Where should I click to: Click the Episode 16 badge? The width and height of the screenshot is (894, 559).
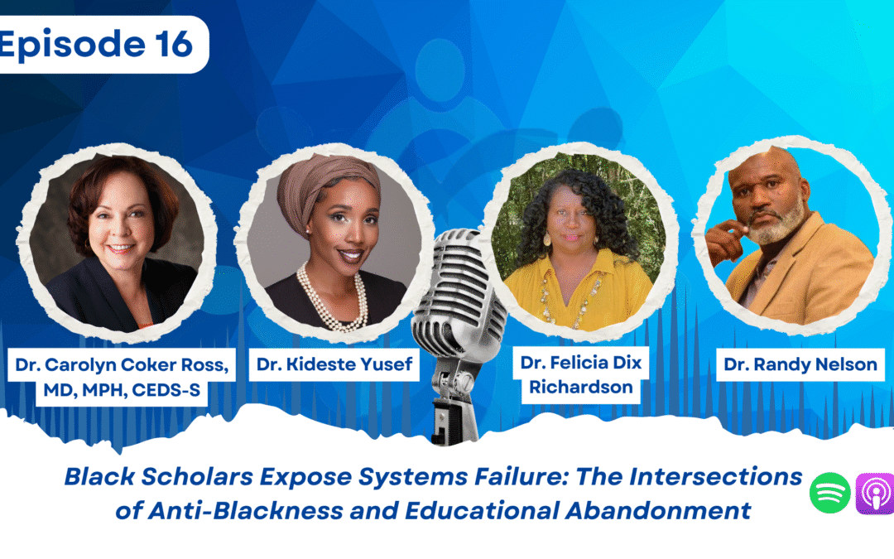point(103,45)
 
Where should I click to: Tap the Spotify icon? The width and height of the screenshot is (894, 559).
point(830,493)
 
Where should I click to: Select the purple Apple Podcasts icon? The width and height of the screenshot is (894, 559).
point(876,494)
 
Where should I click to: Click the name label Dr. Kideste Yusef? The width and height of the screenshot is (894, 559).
point(334,364)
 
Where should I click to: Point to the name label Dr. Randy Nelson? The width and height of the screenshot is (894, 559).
point(800,364)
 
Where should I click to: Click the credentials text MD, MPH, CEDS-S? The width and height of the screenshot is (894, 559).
point(122,390)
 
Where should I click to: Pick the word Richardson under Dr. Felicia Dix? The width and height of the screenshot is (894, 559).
point(581,387)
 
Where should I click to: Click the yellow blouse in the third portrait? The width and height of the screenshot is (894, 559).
point(579,291)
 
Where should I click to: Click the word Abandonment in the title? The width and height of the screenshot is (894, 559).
point(658,510)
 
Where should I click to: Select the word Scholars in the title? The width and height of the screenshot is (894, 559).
point(197,477)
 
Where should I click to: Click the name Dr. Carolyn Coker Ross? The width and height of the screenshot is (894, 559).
point(122,364)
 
